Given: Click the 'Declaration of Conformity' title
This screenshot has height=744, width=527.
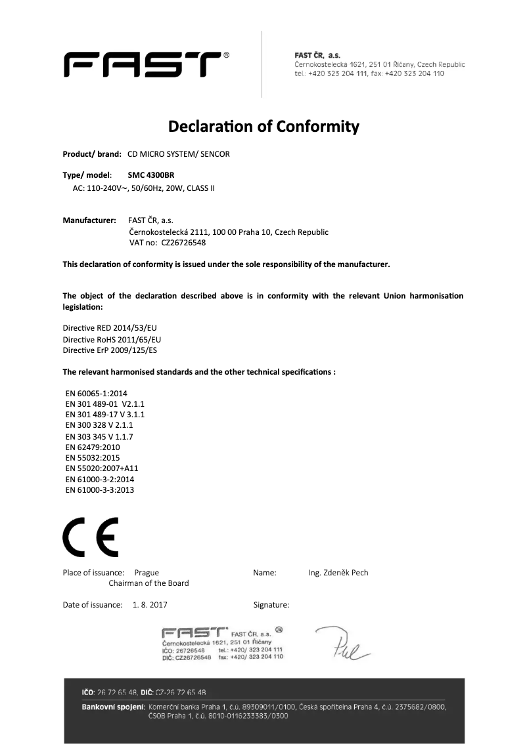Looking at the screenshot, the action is [x=263, y=125].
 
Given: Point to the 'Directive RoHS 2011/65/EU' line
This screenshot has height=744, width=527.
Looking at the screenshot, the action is [x=112, y=339].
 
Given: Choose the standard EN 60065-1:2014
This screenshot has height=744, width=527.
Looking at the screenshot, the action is [x=97, y=393].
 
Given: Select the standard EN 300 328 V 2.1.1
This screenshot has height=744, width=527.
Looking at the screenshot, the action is [x=100, y=425].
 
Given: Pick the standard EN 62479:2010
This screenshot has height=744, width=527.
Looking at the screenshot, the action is [x=93, y=447].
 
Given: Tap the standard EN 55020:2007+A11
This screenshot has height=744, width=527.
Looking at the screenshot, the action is [x=102, y=468].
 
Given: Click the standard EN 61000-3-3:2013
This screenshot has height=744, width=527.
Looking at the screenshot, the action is [x=100, y=489].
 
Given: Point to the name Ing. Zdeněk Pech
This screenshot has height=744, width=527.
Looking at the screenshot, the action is [x=338, y=573].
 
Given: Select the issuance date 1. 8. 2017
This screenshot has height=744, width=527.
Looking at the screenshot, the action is [x=150, y=604].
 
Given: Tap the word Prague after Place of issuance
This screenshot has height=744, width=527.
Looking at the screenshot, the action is [x=146, y=573].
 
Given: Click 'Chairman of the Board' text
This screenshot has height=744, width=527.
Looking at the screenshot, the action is [x=149, y=583].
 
